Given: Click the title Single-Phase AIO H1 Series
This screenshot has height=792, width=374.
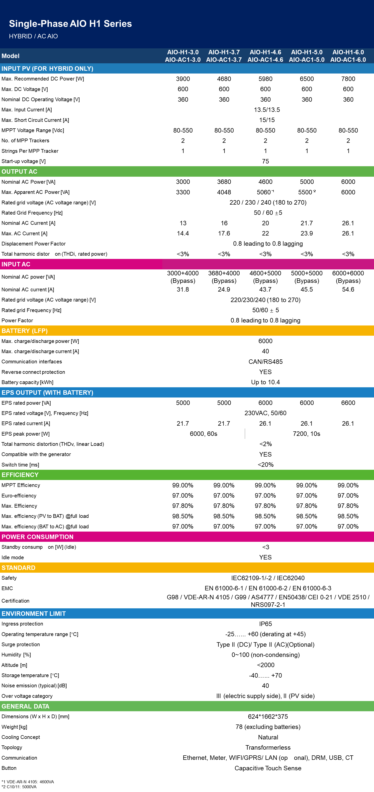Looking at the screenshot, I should [70, 24].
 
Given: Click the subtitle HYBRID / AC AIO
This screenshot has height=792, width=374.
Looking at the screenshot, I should [33, 36].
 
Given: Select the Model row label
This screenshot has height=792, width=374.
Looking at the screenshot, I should [10, 56].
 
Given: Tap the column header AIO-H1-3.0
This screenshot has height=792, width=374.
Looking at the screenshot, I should [183, 52].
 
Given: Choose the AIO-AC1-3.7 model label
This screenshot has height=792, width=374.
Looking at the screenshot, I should [224, 60].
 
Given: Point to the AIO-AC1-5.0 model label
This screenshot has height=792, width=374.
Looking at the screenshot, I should [307, 60].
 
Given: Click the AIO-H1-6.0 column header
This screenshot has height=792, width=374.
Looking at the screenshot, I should [348, 52].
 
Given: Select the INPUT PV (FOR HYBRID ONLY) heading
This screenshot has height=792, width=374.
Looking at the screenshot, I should [47, 69].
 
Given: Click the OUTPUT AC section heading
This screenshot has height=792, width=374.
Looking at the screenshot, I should [19, 171].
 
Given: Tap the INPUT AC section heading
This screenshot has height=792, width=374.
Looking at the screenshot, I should [16, 264].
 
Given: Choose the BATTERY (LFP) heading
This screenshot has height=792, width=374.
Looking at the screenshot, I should [25, 331].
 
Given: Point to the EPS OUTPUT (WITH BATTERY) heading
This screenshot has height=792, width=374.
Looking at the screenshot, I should [47, 393].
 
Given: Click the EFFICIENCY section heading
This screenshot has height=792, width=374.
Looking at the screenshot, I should [20, 475].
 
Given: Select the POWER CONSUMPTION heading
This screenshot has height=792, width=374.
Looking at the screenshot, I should [37, 537].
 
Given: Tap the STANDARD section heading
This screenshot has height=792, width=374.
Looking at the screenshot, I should [18, 568].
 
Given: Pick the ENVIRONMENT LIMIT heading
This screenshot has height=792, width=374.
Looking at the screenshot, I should [33, 614].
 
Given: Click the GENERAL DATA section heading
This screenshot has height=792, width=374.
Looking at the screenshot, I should [25, 706].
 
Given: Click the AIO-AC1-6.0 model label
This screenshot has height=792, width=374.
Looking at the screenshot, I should [348, 60].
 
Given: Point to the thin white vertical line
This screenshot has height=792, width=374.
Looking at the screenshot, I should [245, 434].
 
